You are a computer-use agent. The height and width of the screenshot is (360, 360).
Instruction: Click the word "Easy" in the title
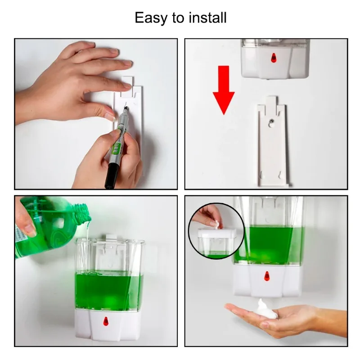coord(151,18)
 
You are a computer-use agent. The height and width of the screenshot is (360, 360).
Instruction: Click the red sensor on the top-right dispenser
coord(273,58)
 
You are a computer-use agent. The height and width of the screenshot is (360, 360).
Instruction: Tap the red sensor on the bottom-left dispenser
coord(106,321)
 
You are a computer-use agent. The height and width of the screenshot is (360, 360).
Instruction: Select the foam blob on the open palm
coord(266,309)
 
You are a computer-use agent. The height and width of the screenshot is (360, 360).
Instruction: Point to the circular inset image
coord(216,231)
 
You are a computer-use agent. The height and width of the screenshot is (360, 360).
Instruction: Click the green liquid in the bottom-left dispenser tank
coord(108,290)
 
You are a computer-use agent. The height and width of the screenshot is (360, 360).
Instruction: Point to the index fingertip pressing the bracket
coord(110,115)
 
